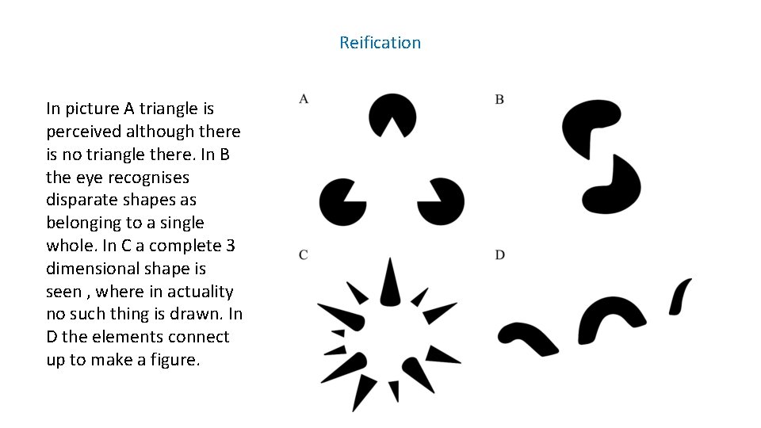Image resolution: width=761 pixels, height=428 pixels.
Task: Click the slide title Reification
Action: pyautogui.click(x=380, y=43)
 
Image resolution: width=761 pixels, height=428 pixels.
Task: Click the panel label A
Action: pyautogui.click(x=304, y=98)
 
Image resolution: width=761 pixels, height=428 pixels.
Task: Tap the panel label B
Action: pyautogui.click(x=499, y=99)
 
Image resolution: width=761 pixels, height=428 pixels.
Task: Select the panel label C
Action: pyautogui.click(x=304, y=254)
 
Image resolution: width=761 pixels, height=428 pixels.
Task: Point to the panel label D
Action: pyautogui.click(x=500, y=254)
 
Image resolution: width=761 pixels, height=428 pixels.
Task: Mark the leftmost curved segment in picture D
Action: pyautogui.click(x=527, y=336)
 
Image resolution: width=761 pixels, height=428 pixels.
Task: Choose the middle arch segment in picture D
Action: pyautogui.click(x=606, y=317)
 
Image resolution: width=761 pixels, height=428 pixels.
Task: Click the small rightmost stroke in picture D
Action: pyautogui.click(x=681, y=295)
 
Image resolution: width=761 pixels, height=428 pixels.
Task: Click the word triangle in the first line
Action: pyautogui.click(x=165, y=109)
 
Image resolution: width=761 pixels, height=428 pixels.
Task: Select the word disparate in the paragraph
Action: pyautogui.click(x=82, y=200)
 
